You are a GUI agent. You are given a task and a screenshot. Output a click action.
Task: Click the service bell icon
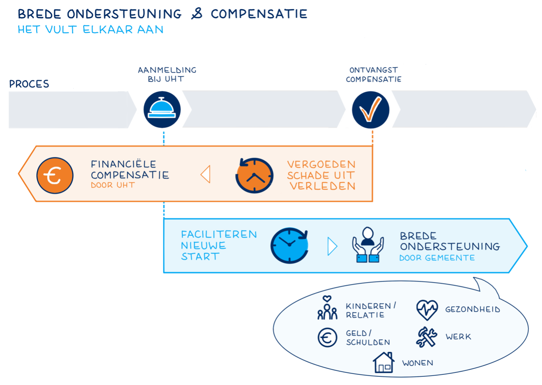click(x=162, y=109)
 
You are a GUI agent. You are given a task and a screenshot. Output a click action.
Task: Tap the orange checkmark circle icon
click(x=370, y=110)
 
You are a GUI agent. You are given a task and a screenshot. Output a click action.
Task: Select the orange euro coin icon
click(x=55, y=175)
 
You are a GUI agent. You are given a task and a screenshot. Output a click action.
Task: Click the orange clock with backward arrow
click(x=254, y=175)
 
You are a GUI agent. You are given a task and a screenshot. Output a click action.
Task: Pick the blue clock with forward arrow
click(x=289, y=245)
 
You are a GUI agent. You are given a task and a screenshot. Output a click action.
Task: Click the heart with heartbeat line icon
click(x=427, y=310)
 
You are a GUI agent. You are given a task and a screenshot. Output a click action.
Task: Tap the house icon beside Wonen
click(x=383, y=362)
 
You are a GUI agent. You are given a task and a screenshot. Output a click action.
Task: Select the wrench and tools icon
click(x=426, y=337)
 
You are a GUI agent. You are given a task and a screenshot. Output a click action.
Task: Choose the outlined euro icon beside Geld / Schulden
click(x=327, y=337)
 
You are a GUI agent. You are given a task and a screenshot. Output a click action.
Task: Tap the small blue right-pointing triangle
click(x=332, y=246)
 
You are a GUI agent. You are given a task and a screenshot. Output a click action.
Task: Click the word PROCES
click(x=29, y=84)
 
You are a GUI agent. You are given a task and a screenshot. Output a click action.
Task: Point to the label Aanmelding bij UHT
click(x=167, y=75)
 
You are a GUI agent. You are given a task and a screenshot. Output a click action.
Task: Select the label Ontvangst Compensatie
click(x=374, y=75)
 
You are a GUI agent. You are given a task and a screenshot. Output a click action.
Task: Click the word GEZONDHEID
click(x=473, y=310)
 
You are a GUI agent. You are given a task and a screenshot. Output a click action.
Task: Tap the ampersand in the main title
click(x=197, y=14)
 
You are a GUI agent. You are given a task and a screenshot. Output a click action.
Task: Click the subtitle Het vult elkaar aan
click(x=90, y=30)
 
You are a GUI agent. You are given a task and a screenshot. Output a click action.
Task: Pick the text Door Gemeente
click(x=437, y=258)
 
